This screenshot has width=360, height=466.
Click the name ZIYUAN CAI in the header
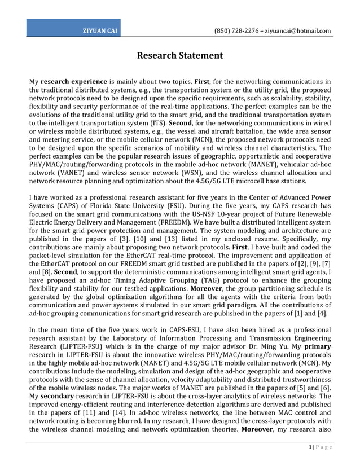coord(101,31)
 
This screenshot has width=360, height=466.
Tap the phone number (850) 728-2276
coord(238,31)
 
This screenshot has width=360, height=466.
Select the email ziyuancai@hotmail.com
coord(298,31)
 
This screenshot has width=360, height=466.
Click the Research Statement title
coord(180,55)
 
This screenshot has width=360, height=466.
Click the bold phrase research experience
coord(73,82)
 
